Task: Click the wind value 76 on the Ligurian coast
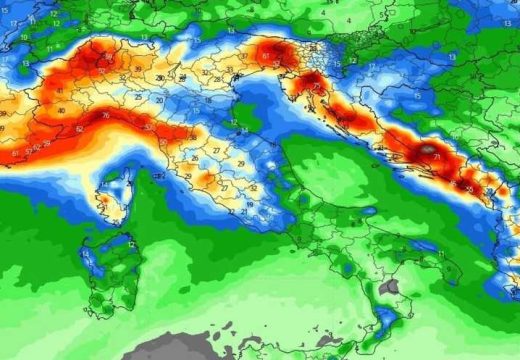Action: coord(104,116)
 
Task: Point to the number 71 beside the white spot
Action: coord(436,158)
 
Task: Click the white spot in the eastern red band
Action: coord(427,151)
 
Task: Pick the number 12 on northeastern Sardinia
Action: coord(131,244)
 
